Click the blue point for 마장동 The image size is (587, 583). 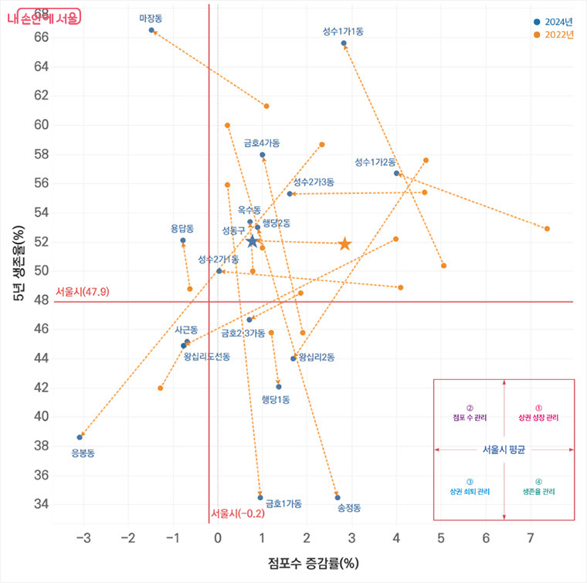point(151,30)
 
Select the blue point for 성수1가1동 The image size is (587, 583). point(344,43)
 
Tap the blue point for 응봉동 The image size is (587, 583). point(80,437)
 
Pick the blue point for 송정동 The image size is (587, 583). point(338,497)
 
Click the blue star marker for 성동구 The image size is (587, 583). point(252,242)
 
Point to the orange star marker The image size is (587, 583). point(344,244)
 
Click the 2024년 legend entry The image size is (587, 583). point(554,21)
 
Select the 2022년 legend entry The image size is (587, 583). point(554,35)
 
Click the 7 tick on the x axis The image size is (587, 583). point(530,536)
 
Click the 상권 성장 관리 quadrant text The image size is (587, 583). point(538,417)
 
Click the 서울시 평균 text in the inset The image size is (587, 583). point(504,449)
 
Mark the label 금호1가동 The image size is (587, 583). point(283,503)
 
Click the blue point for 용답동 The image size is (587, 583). point(183,240)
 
